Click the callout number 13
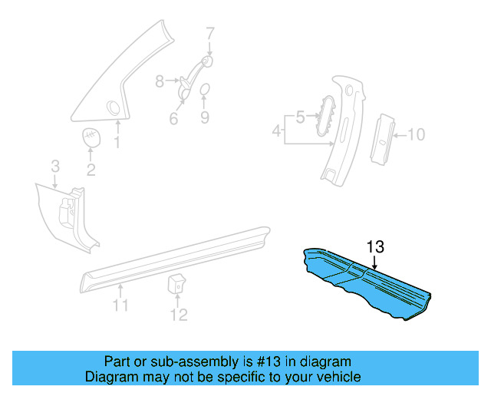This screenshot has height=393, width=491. point(374,247)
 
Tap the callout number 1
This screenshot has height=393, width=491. point(117,142)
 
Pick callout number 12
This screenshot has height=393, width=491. point(178,315)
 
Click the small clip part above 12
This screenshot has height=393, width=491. point(176,283)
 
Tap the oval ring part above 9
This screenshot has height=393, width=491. point(205,92)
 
